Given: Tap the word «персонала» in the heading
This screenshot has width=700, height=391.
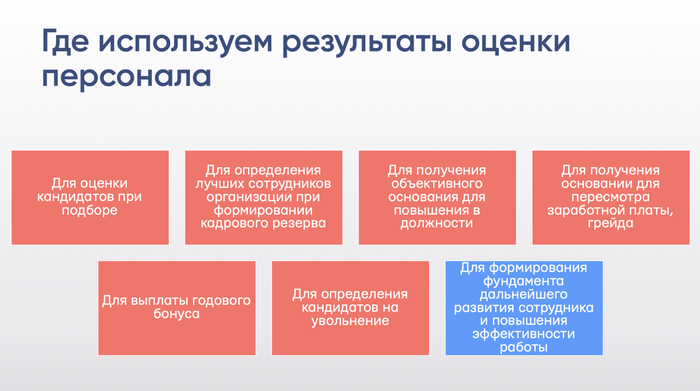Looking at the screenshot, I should click(x=127, y=76).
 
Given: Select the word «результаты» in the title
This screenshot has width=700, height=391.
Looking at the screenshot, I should click(x=367, y=42).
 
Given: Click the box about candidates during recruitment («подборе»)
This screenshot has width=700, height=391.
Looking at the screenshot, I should click(x=90, y=197).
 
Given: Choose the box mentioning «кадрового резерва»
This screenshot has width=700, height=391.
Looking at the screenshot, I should click(x=263, y=197).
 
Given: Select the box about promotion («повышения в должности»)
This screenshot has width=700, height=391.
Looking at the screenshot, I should click(x=437, y=197).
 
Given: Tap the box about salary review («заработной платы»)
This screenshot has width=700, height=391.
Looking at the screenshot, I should click(x=611, y=197).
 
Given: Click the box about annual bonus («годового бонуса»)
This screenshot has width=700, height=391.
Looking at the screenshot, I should click(x=177, y=308).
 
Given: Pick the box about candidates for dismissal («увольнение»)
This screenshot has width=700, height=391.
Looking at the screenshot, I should click(x=350, y=308).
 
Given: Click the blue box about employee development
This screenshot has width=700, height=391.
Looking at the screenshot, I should click(x=524, y=308).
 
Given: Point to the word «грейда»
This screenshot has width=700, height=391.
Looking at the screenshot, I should click(x=610, y=223).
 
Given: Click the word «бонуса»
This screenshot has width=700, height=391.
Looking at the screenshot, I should click(x=176, y=313).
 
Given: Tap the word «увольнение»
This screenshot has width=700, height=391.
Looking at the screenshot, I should click(x=350, y=321).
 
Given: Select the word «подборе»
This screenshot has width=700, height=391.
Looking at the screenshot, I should click(x=90, y=210).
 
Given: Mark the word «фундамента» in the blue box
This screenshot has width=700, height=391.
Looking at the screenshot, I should click(x=523, y=281).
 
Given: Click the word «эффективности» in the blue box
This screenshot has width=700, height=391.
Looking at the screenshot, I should click(x=523, y=334).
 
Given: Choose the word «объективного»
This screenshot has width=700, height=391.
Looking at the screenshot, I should click(x=437, y=183).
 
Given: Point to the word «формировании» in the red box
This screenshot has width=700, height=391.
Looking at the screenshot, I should click(x=263, y=210).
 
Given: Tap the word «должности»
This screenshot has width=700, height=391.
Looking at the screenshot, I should click(x=437, y=223).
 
